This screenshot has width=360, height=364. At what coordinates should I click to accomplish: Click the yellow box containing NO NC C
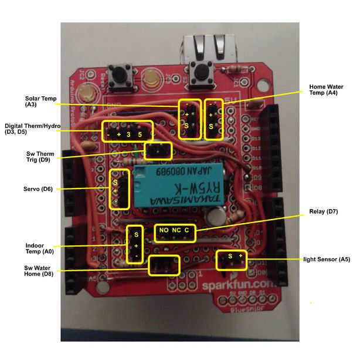pyautogui.click(x=175, y=231)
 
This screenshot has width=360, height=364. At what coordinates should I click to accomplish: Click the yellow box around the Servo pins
pyautogui.click(x=119, y=189)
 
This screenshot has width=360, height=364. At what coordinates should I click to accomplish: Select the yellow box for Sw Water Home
pyautogui.click(x=164, y=265)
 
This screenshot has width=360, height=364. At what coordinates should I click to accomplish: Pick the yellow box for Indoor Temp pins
pyautogui.click(x=134, y=244)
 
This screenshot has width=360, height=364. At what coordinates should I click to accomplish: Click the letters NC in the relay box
pyautogui.click(x=175, y=231)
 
